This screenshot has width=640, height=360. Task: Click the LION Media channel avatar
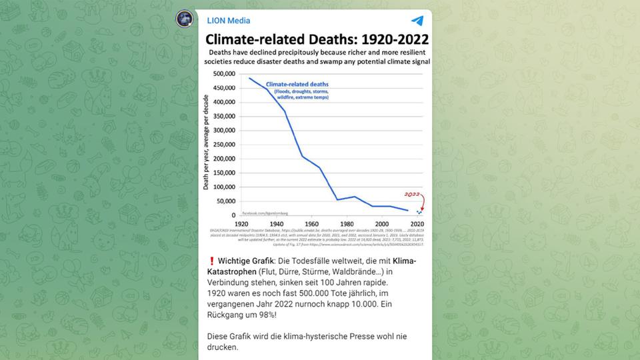184,19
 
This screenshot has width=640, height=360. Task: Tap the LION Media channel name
229,20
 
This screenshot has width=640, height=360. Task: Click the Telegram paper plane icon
417,20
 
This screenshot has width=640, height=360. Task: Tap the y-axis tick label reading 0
235,215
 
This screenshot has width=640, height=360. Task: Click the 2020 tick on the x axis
418,223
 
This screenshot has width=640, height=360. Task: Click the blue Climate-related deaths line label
297,85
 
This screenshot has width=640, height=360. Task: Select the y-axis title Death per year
207,144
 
